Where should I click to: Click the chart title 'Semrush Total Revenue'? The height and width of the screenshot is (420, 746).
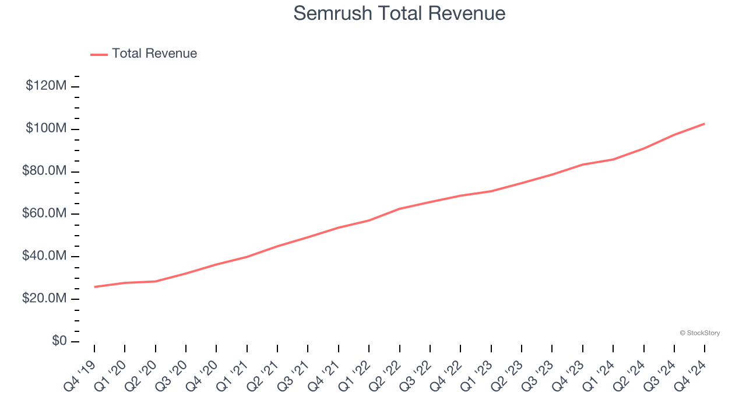(399, 13)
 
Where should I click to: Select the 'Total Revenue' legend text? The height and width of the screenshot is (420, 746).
(154, 54)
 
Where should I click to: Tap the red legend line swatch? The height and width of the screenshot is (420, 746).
(99, 54)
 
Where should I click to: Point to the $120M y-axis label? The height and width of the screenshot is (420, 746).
(46, 86)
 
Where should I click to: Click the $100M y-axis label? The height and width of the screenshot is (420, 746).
(46, 129)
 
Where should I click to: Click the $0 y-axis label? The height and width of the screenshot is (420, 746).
(59, 341)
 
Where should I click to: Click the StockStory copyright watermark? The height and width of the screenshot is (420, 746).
(699, 333)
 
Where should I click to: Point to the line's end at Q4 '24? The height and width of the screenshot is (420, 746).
(705, 124)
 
